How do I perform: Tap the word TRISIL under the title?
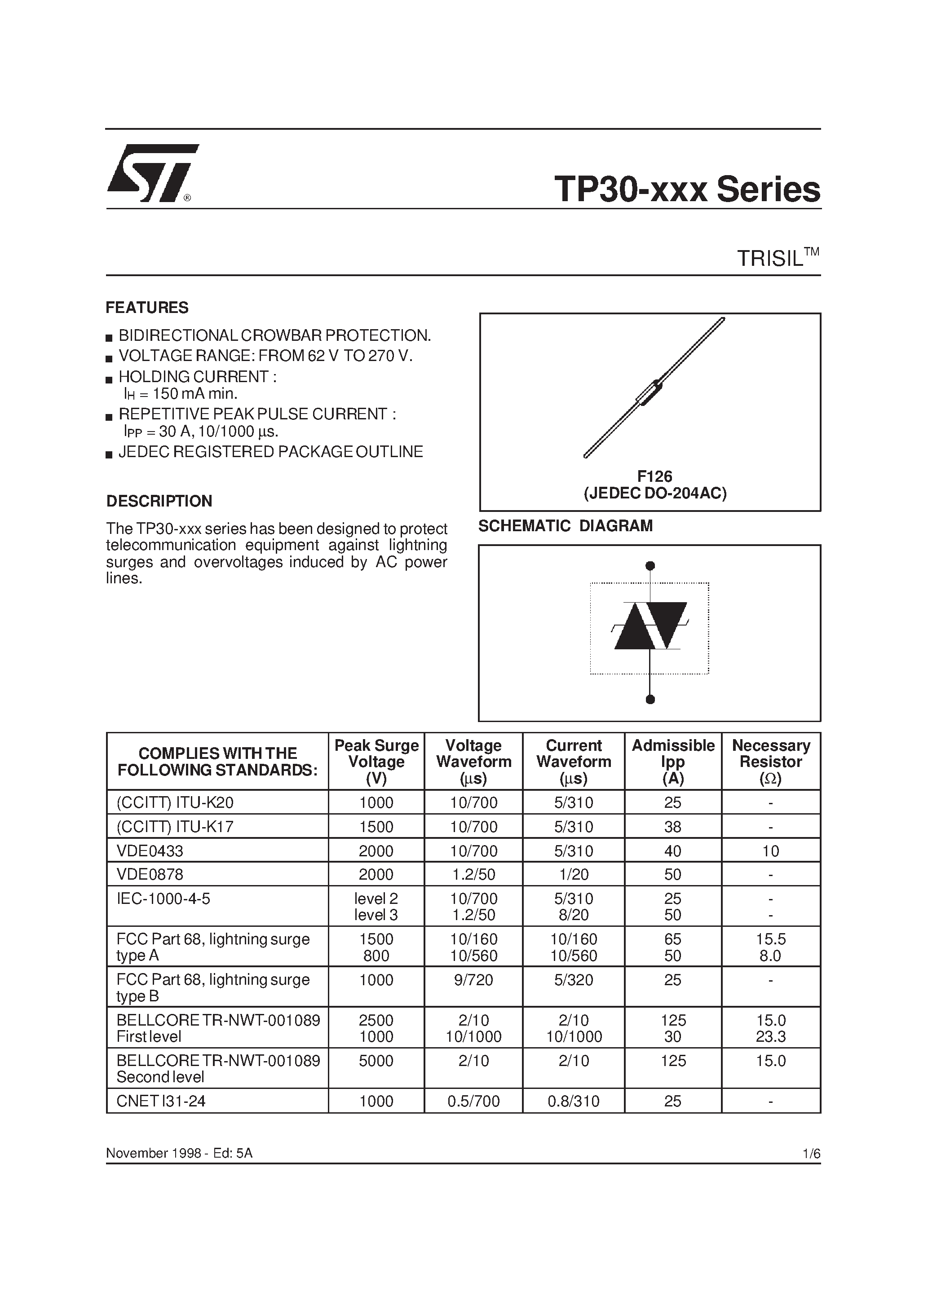pyautogui.click(x=770, y=259)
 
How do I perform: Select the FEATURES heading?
pyautogui.click(x=147, y=308)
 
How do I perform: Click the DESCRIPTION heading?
pyautogui.click(x=159, y=501)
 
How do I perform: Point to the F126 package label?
pyautogui.click(x=654, y=476)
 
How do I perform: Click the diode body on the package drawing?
pyautogui.click(x=650, y=393)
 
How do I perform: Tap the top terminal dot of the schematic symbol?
pyautogui.click(x=650, y=566)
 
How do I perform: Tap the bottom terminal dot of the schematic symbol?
pyautogui.click(x=650, y=699)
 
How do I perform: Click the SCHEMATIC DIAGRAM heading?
pyautogui.click(x=565, y=525)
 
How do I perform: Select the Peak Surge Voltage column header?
pyautogui.click(x=376, y=761)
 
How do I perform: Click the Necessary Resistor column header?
pyautogui.click(x=771, y=761)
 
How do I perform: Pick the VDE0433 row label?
pyautogui.click(x=150, y=851)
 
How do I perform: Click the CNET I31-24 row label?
pyautogui.click(x=161, y=1101)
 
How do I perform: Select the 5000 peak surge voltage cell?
pyautogui.click(x=376, y=1061)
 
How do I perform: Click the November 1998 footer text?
pyautogui.click(x=179, y=1153)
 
